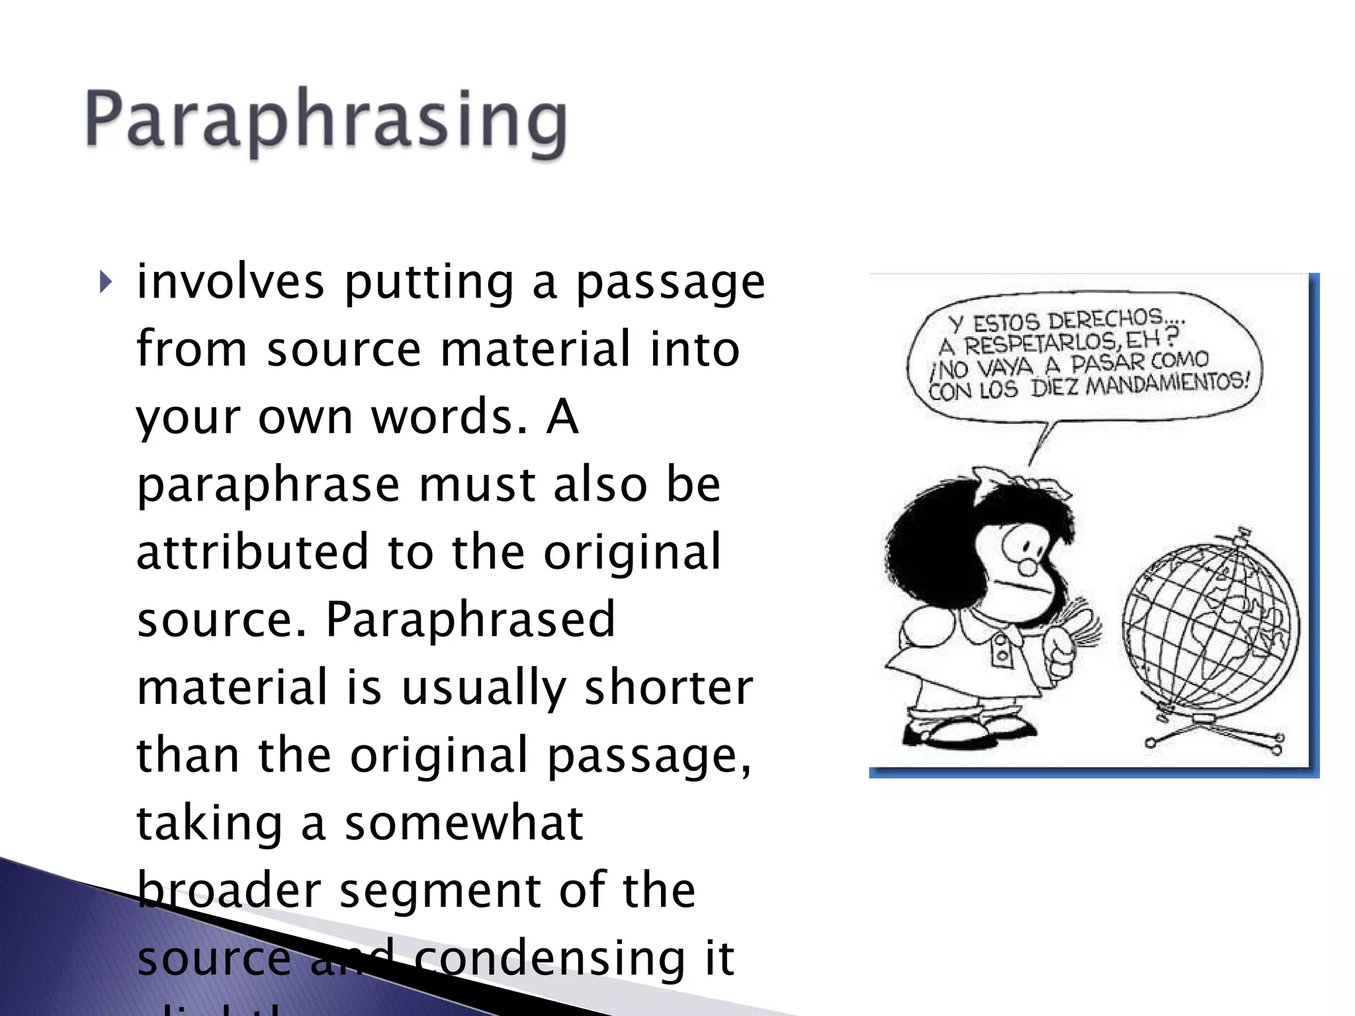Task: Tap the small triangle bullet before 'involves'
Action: click(105, 283)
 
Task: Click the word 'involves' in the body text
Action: click(230, 282)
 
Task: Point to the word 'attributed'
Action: click(252, 552)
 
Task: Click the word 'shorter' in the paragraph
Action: click(669, 688)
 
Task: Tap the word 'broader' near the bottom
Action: click(229, 890)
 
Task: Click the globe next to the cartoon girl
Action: click(1210, 628)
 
